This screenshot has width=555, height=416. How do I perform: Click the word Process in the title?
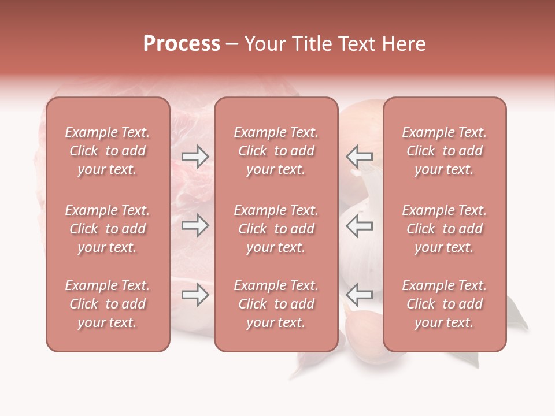182,44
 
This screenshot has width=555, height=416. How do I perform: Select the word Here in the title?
402,44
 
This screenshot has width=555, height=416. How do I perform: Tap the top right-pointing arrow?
195,156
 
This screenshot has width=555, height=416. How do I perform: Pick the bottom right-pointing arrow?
195,295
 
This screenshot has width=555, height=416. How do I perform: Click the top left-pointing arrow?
359,156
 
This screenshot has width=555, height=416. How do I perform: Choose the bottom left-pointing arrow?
359,295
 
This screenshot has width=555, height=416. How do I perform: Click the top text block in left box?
108,151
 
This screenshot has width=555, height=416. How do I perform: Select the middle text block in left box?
108,229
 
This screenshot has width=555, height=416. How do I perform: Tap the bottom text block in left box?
108,304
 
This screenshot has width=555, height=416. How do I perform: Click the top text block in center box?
276,151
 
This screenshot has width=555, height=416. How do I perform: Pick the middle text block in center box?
276,229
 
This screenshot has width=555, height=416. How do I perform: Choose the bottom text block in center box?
276,304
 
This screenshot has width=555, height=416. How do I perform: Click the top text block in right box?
444,151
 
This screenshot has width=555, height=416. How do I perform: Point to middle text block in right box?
444,229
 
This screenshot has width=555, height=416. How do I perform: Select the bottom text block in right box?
444,304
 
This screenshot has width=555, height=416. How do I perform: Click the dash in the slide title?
232,44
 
